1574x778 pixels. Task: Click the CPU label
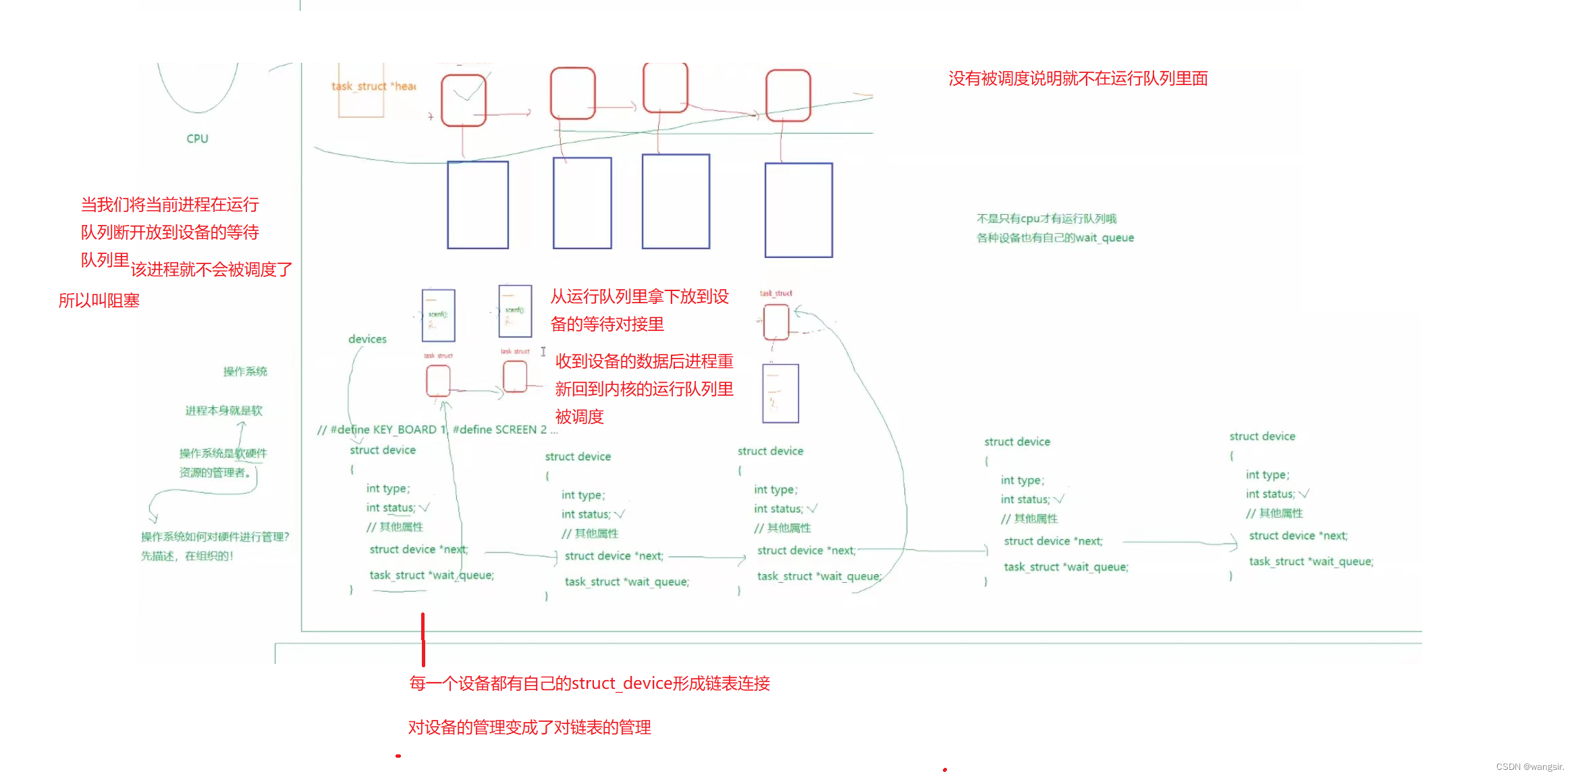tap(197, 138)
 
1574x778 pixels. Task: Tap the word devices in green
tap(367, 339)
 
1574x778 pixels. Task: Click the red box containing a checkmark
tap(464, 100)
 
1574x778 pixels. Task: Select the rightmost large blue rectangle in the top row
tap(798, 209)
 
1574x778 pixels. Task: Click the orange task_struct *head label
tap(373, 86)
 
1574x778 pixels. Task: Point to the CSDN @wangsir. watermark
tap(1529, 767)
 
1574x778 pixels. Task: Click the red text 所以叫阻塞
tap(99, 301)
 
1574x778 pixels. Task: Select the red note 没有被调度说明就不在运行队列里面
tap(1078, 78)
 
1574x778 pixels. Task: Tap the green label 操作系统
tap(245, 371)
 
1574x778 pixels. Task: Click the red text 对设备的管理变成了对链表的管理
tap(529, 727)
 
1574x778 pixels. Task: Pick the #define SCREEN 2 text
tap(499, 430)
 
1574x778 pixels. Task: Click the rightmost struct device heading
tap(1262, 436)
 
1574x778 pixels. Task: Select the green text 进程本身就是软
tap(223, 411)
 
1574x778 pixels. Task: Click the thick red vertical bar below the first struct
tap(423, 639)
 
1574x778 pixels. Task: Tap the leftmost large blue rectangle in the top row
tap(478, 205)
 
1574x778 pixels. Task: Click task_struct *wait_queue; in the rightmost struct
tap(1311, 561)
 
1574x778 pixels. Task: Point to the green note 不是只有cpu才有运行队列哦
tap(1046, 219)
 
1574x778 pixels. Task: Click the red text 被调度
tap(579, 417)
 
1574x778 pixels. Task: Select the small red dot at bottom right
tap(945, 769)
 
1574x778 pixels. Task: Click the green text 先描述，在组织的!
tap(187, 556)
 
